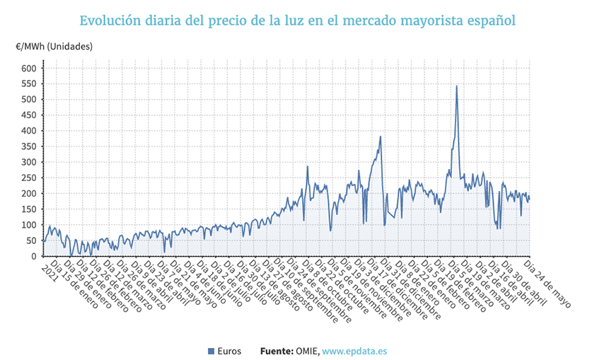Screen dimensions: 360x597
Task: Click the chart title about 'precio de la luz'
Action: pyautogui.click(x=298, y=20)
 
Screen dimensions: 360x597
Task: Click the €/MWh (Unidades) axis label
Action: pyautogui.click(x=54, y=47)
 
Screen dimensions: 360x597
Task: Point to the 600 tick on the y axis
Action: pyautogui.click(x=28, y=69)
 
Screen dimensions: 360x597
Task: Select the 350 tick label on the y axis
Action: pyautogui.click(x=28, y=146)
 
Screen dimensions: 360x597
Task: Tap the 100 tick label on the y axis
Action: pyautogui.click(x=28, y=225)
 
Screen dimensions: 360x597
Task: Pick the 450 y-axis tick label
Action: pyautogui.click(x=28, y=115)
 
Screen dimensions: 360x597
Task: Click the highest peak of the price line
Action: pyautogui.click(x=456, y=86)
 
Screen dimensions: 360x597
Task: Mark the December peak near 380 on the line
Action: pyautogui.click(x=381, y=137)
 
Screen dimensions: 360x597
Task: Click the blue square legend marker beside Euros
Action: pyautogui.click(x=211, y=351)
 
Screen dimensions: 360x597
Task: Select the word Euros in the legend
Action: pyautogui.click(x=229, y=351)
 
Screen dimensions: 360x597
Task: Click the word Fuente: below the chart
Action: pyautogui.click(x=276, y=351)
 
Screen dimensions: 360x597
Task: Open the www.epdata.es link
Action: pyautogui.click(x=354, y=351)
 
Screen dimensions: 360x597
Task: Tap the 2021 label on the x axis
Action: pyautogui.click(x=48, y=270)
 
